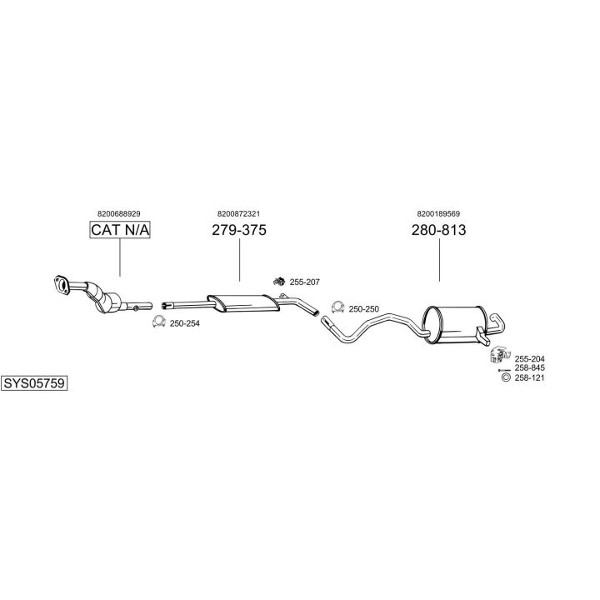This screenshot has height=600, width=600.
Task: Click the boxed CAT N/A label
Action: (x=120, y=230)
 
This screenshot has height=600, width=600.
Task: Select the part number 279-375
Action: (x=239, y=230)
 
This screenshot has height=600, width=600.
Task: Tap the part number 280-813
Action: (x=438, y=230)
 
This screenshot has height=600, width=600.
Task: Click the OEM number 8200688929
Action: (x=119, y=213)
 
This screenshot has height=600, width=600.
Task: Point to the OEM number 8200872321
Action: (x=239, y=213)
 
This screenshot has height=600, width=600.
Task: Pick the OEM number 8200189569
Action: (x=438, y=213)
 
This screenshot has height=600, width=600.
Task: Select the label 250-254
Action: (x=184, y=323)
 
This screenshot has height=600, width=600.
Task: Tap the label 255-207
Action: (x=304, y=282)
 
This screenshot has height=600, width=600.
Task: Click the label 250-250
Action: (x=363, y=309)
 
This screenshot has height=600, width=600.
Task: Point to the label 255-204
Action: (x=529, y=358)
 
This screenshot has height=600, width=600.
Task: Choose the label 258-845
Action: (x=529, y=367)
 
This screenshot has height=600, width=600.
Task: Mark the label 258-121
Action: (x=529, y=377)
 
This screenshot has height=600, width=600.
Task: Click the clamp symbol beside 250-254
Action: (x=158, y=322)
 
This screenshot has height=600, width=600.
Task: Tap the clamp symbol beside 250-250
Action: (x=337, y=307)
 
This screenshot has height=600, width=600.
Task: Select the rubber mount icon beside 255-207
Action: (x=280, y=281)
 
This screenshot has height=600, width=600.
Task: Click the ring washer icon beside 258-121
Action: (x=504, y=378)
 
